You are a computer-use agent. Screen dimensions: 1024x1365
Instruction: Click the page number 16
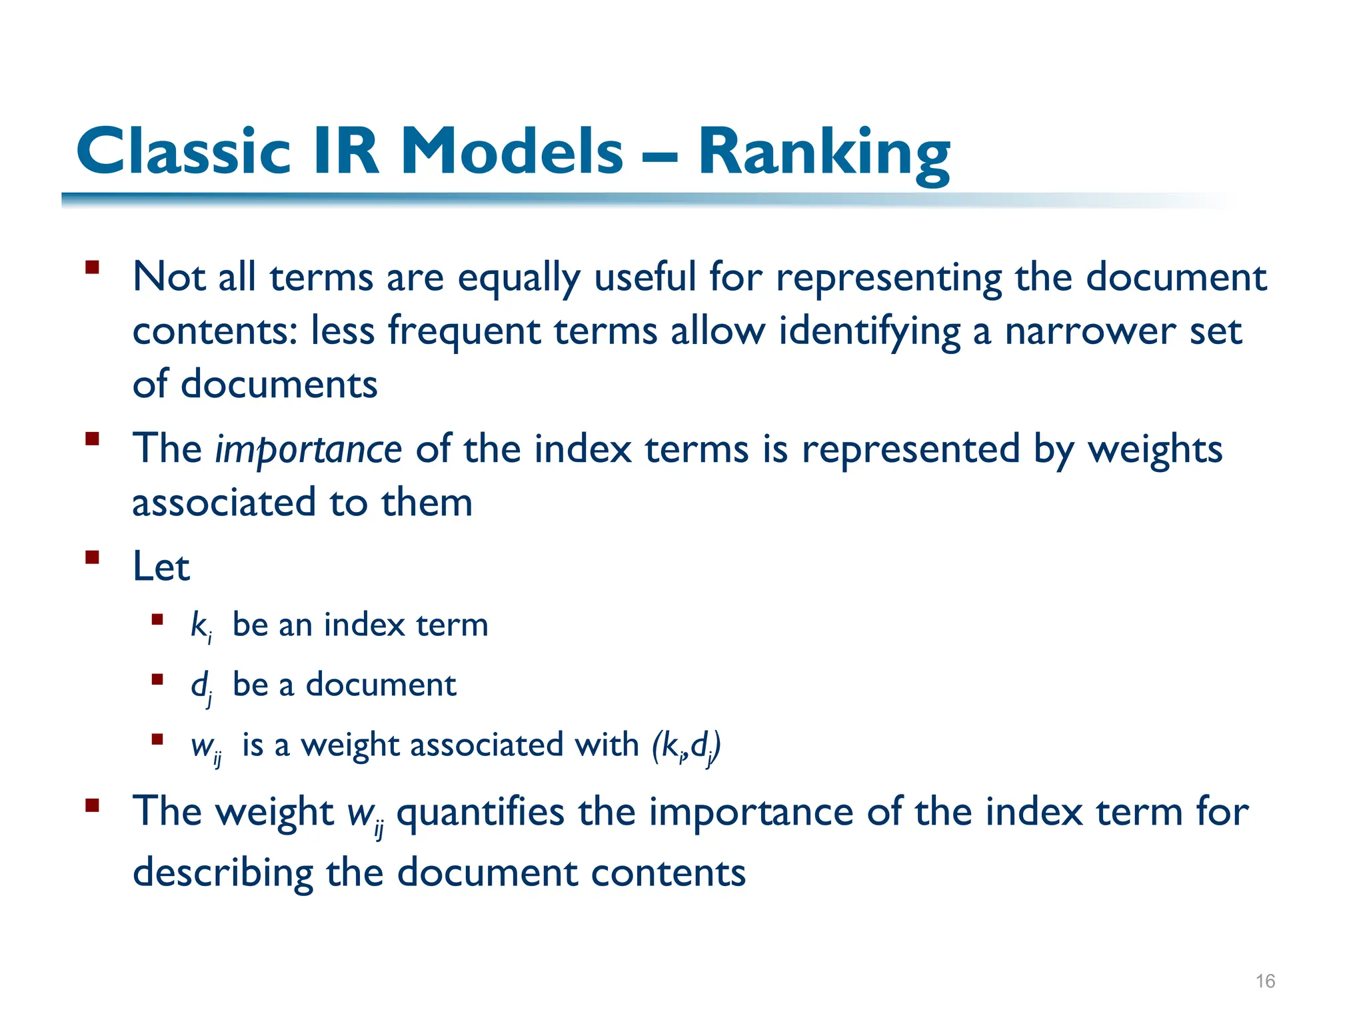point(1264,981)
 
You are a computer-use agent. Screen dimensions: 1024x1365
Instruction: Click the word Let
point(161,567)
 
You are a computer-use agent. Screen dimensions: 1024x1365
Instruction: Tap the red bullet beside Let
point(92,557)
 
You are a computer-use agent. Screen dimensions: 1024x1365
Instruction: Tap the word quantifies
point(480,813)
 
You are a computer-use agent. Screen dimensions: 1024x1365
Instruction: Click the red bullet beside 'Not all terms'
point(92,268)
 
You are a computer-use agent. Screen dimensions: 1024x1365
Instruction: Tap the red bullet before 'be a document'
point(157,680)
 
